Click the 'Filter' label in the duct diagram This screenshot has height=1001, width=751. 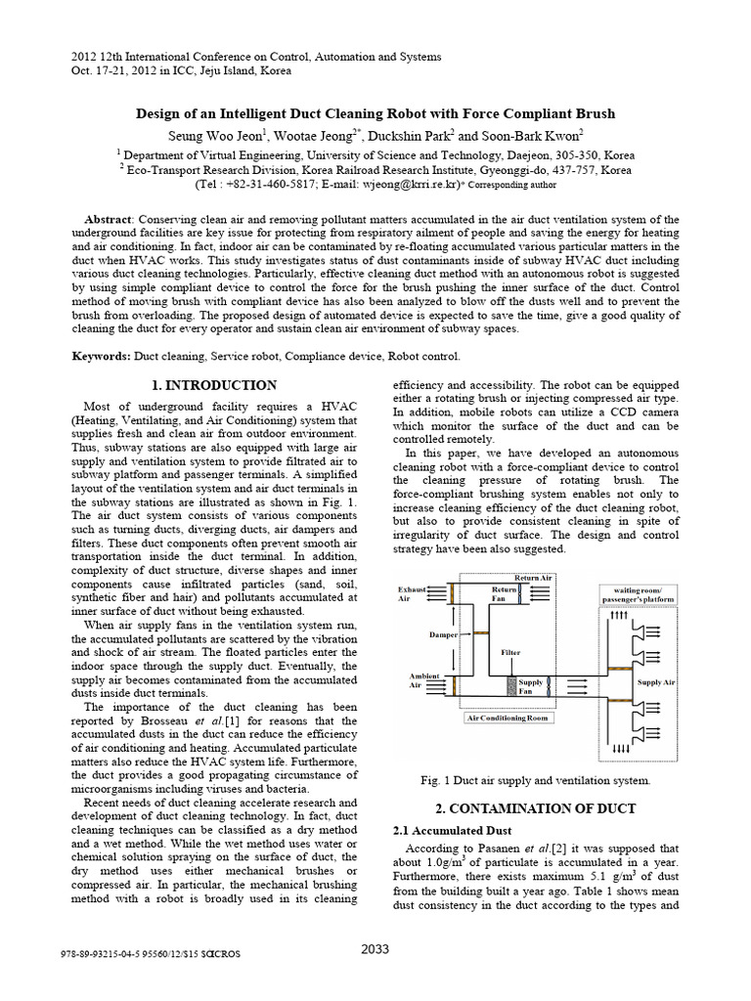click(509, 651)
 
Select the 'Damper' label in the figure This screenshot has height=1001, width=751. click(444, 634)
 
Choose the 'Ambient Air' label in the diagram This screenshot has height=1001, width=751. click(410, 681)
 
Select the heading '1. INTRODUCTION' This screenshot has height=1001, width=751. click(217, 385)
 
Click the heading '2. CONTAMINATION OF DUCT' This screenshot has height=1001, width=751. click(535, 808)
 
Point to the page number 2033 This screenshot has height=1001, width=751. click(376, 948)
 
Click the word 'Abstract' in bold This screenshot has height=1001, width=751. click(107, 219)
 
